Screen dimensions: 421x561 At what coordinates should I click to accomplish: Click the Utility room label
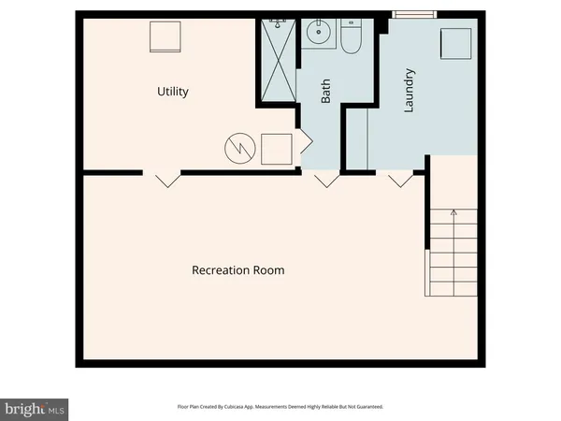pyautogui.click(x=173, y=92)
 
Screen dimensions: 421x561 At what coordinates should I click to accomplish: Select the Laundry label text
pyautogui.click(x=408, y=91)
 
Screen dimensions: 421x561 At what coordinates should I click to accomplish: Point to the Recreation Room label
pyautogui.click(x=237, y=270)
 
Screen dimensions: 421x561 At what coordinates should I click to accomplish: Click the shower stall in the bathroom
pyautogui.click(x=279, y=60)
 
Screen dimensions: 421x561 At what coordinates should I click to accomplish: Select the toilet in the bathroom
pyautogui.click(x=352, y=38)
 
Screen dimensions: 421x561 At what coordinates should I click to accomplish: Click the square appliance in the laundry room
pyautogui.click(x=456, y=43)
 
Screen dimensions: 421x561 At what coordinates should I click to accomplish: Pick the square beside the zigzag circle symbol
pyautogui.click(x=276, y=149)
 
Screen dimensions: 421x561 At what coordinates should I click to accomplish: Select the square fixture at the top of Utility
pyautogui.click(x=165, y=38)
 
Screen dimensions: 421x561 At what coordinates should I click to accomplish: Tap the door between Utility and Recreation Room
pyautogui.click(x=162, y=179)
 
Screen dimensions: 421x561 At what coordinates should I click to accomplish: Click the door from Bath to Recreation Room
pyautogui.click(x=324, y=179)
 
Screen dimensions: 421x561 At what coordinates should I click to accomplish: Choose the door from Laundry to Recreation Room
pyautogui.click(x=399, y=179)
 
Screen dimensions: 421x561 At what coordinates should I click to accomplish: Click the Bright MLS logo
pyautogui.click(x=35, y=408)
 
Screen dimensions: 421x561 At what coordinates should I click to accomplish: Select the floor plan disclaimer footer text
pyautogui.click(x=280, y=407)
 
